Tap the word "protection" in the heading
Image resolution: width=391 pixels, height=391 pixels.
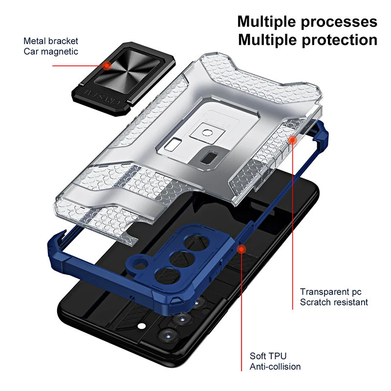click(336, 40)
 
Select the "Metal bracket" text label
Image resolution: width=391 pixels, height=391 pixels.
click(51, 42)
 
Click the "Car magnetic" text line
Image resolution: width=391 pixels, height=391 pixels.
click(51, 51)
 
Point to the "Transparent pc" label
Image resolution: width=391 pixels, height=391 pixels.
click(328, 292)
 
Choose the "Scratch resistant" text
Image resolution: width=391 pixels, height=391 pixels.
click(334, 302)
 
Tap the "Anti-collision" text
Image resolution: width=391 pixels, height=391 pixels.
click(275, 366)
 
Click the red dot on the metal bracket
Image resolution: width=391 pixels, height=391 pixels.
click(107, 65)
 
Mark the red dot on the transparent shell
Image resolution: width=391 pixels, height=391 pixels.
click(292, 140)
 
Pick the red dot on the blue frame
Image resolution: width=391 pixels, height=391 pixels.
click(241, 249)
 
